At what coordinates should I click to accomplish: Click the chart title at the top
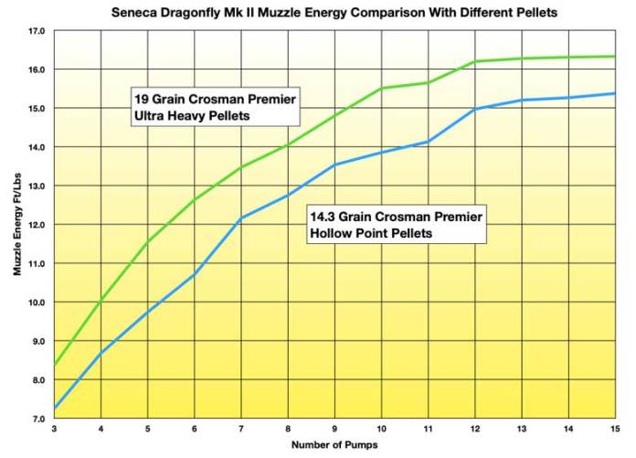[x=334, y=14]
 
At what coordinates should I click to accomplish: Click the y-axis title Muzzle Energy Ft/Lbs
[x=18, y=224]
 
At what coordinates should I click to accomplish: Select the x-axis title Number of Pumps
[x=334, y=444]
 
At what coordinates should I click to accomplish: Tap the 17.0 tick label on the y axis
[x=37, y=31]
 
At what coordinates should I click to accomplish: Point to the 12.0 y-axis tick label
[x=37, y=225]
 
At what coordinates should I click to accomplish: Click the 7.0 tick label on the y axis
[x=37, y=419]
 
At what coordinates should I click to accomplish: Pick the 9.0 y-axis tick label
[x=37, y=341]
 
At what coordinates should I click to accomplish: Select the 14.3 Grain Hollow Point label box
[x=395, y=224]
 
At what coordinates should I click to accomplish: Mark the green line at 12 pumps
[x=475, y=61]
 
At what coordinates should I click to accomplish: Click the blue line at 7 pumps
[x=241, y=218]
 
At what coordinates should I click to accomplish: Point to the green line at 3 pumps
[x=56, y=365]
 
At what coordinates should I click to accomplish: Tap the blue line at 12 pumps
[x=475, y=109]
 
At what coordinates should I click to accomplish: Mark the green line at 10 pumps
[x=382, y=88]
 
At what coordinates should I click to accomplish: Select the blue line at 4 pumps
[x=101, y=352]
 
